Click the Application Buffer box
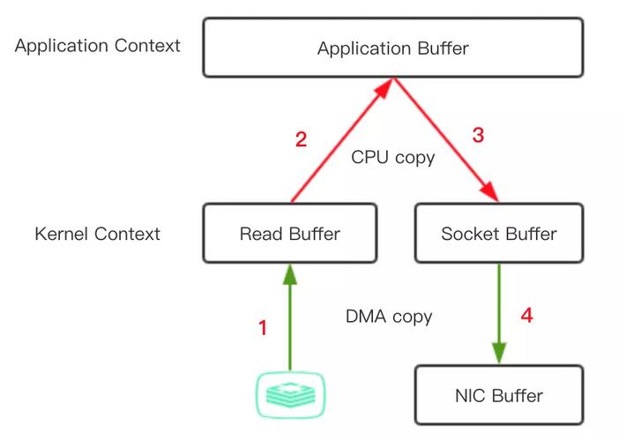[x=392, y=49]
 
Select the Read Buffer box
[x=289, y=234]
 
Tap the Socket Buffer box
[x=499, y=234]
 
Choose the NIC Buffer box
[x=499, y=394]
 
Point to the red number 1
[x=262, y=328]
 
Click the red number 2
[x=301, y=139]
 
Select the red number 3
[x=479, y=135]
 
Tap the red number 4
[x=526, y=315]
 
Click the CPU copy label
[x=393, y=158]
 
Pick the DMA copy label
[x=389, y=316]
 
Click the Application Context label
[x=97, y=45]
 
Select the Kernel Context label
[x=97, y=234]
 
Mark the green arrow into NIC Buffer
[x=499, y=313]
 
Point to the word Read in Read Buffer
[x=259, y=234]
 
